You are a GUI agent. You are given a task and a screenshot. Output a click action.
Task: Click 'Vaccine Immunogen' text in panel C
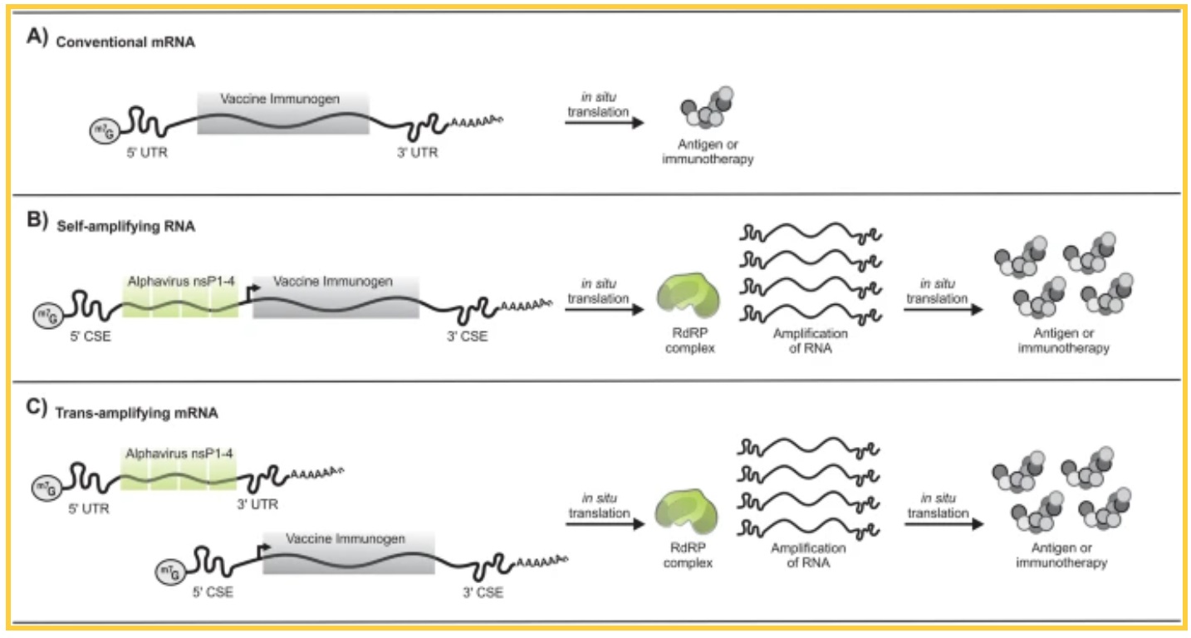[x=346, y=539]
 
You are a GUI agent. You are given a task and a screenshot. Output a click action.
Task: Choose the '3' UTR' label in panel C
[x=256, y=504]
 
